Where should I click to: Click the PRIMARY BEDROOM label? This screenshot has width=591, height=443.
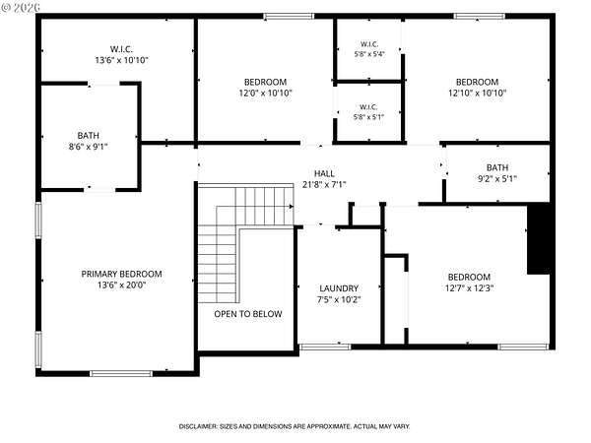click(122, 274)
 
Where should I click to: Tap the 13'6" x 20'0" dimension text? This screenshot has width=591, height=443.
click(122, 285)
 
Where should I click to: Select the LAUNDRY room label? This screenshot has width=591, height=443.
click(339, 288)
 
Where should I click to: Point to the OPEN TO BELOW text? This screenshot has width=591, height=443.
click(248, 314)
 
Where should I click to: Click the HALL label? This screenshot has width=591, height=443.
click(324, 173)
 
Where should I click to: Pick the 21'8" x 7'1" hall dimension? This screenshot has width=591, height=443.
click(324, 185)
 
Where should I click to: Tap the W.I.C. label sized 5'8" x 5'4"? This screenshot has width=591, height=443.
click(369, 44)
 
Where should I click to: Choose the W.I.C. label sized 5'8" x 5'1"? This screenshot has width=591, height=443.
click(368, 107)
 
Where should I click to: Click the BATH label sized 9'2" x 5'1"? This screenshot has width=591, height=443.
click(497, 167)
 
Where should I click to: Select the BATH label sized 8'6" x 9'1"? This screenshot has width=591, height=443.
click(89, 135)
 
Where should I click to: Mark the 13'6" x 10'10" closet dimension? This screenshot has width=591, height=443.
click(121, 60)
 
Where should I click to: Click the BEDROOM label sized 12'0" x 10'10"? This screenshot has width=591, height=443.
click(265, 82)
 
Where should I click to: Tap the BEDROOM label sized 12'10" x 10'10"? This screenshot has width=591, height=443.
click(477, 82)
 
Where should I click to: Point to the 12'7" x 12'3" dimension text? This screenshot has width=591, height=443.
click(469, 288)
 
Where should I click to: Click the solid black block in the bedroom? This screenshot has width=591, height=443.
click(538, 238)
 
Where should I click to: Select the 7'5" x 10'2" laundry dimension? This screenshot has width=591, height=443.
click(339, 300)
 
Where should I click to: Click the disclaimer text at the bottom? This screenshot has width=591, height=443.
click(295, 426)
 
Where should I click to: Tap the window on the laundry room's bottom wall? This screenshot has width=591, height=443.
click(324, 347)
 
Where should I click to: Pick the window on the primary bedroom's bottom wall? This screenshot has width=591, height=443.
click(121, 373)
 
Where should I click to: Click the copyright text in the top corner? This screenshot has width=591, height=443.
click(21, 7)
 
